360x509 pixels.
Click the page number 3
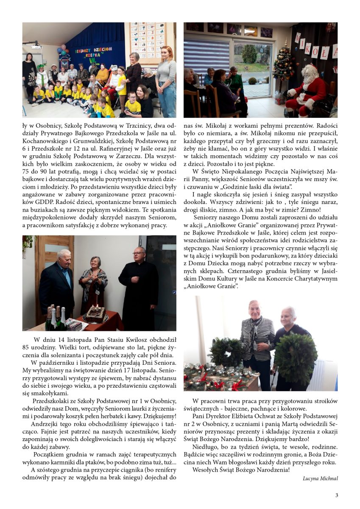(x=337, y=495)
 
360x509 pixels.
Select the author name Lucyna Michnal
(x=320, y=478)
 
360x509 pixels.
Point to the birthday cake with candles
(x=96, y=314)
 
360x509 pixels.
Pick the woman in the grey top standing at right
(x=166, y=81)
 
